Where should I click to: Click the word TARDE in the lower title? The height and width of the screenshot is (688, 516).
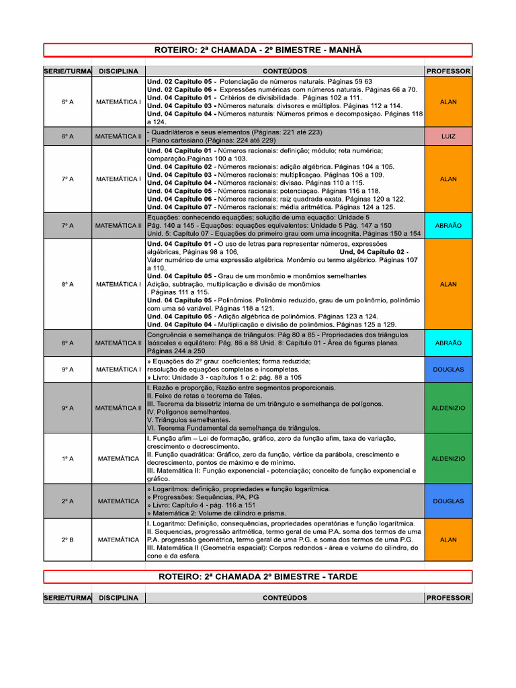tap(338, 576)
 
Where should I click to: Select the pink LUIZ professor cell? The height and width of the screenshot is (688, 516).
tap(448, 136)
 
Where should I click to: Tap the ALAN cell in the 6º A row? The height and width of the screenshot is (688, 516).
tap(448, 101)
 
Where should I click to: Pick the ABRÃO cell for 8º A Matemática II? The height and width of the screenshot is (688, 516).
tap(448, 343)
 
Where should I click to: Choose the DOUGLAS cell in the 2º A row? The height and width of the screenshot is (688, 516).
tap(448, 501)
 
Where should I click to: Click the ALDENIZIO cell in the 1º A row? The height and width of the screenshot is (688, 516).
tap(448, 459)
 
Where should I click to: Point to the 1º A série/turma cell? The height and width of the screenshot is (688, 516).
tap(67, 459)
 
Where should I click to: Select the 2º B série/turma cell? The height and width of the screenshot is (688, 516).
tap(67, 540)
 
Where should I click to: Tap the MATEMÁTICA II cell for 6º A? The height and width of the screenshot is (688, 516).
tap(118, 136)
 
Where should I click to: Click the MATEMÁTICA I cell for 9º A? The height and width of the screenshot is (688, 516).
tap(118, 370)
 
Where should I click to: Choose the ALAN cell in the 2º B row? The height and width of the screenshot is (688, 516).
tap(448, 540)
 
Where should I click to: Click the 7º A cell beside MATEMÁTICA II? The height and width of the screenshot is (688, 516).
tap(67, 226)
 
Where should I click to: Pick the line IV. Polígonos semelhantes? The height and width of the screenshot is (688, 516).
tap(193, 412)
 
